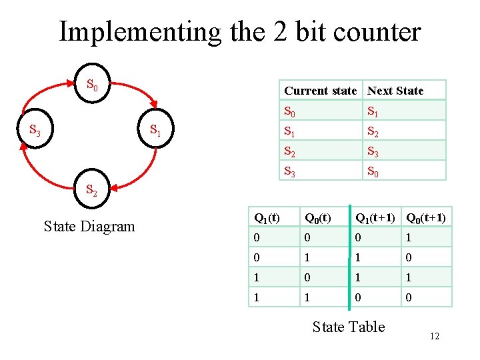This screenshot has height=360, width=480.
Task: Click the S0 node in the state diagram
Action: [x=93, y=85]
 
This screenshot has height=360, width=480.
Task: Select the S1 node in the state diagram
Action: [x=155, y=129]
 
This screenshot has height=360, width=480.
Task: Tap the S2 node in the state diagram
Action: [x=92, y=191]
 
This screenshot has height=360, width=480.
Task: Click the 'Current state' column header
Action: [x=320, y=91]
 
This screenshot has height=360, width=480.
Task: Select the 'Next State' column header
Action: [x=395, y=91]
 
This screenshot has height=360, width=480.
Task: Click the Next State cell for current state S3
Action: [x=373, y=171]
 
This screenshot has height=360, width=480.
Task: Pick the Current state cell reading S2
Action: [x=290, y=151]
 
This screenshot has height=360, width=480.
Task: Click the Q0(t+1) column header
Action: [x=426, y=217]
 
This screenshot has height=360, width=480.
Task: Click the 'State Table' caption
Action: [x=349, y=327]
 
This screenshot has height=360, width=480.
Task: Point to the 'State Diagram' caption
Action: [x=89, y=227]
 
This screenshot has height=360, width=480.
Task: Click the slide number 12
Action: [x=435, y=337]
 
